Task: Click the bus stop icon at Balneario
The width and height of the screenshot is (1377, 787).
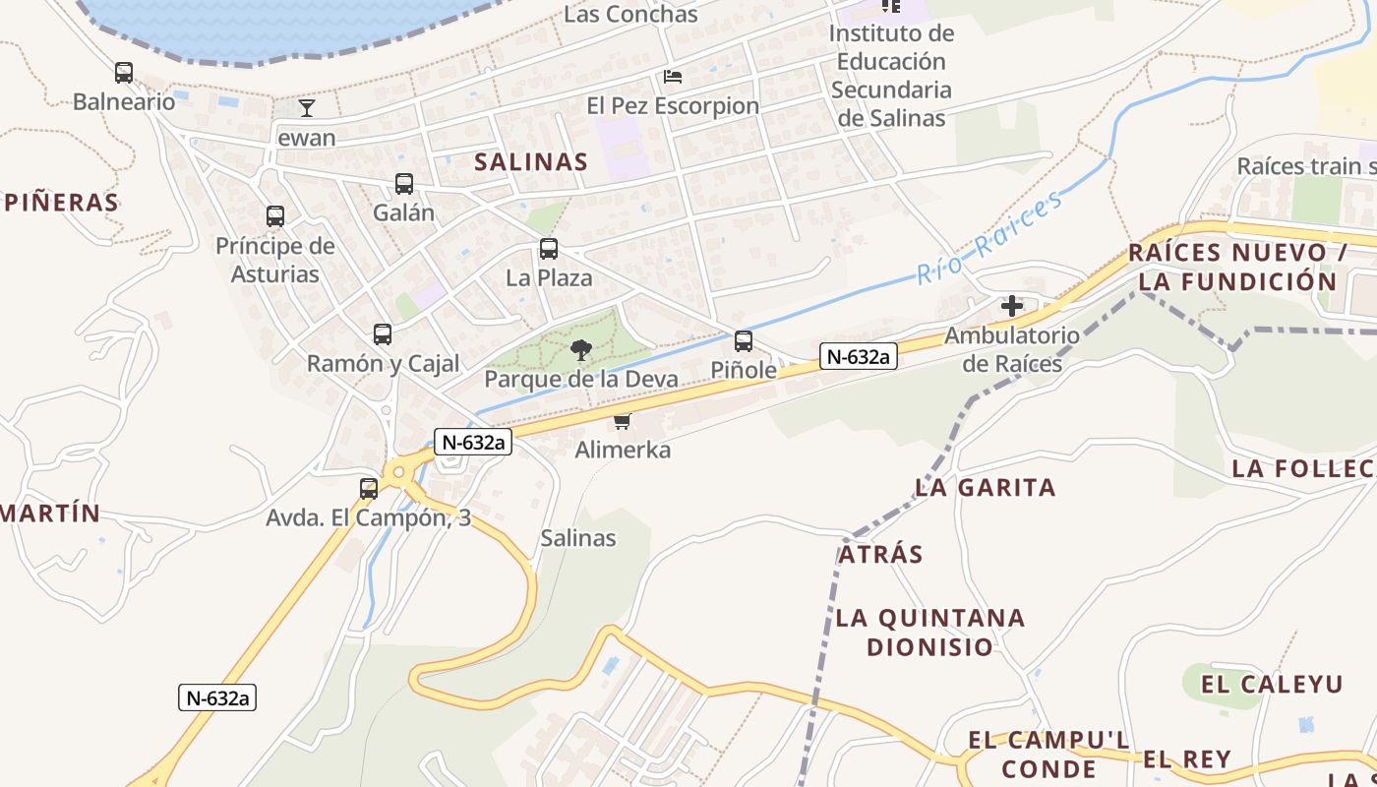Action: (x=123, y=73)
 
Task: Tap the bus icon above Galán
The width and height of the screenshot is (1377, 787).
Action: (x=403, y=184)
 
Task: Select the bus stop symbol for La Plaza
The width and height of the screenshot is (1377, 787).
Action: (x=549, y=249)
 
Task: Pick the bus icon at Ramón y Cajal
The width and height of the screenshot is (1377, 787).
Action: (x=383, y=334)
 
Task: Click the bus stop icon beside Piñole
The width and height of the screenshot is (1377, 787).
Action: (x=744, y=341)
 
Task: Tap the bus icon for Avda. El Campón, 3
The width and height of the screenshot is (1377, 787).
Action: (x=369, y=488)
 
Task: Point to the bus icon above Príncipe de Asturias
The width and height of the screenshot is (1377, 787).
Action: (x=275, y=216)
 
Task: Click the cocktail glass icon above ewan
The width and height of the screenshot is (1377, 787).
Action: (x=307, y=108)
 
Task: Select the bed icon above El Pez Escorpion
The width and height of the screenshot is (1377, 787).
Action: (x=673, y=77)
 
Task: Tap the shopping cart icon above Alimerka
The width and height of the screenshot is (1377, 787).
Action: (x=622, y=422)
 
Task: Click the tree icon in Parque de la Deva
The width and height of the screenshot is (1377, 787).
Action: (x=581, y=349)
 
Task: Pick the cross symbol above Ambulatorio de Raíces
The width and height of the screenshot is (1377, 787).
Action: (x=1012, y=306)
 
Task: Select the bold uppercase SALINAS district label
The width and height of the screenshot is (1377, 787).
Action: (x=531, y=162)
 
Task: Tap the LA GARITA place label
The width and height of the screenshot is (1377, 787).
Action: (x=985, y=487)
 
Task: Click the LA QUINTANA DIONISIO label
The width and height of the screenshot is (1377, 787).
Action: (x=929, y=633)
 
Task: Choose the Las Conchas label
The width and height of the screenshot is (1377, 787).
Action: (x=630, y=14)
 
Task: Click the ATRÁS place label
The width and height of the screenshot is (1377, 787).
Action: (x=880, y=554)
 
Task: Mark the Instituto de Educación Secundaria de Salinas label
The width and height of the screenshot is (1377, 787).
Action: (x=891, y=75)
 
